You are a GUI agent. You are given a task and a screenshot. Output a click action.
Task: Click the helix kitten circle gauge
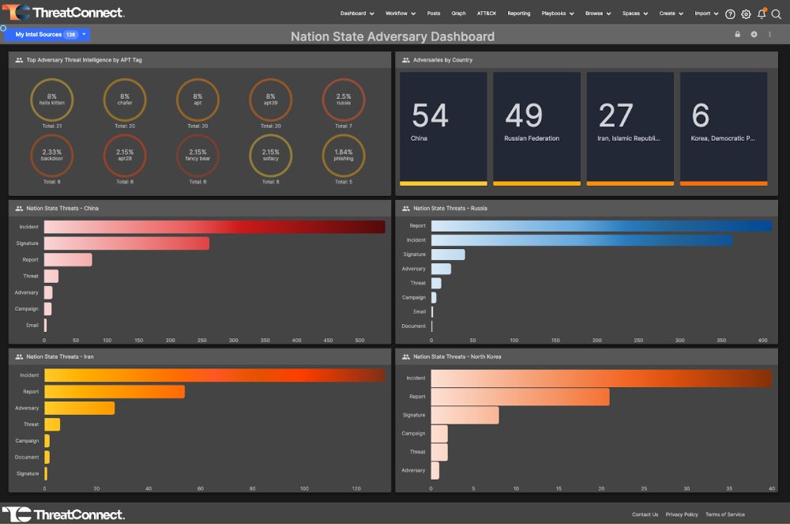coord(51,100)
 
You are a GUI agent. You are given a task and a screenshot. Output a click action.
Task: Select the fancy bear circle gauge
coord(197,155)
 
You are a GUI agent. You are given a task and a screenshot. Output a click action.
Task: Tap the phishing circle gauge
coord(344,155)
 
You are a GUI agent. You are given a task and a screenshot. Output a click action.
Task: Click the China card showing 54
coord(443,128)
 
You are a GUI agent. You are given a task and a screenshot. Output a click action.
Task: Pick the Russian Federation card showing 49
coord(536,128)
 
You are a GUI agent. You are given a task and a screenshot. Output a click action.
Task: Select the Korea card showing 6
coord(723,128)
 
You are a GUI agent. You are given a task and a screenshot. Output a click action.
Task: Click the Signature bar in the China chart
coord(126,243)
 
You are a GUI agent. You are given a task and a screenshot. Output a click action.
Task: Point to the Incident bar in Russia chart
coord(581,240)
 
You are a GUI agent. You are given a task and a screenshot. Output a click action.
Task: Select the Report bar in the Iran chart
coord(114,391)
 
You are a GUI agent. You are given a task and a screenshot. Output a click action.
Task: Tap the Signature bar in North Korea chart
coord(465,415)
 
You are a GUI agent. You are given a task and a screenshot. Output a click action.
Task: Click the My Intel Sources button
coord(47,35)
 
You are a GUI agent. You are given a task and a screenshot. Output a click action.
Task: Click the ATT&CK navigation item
coord(487,13)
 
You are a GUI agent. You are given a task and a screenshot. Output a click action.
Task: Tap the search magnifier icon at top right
coord(777,13)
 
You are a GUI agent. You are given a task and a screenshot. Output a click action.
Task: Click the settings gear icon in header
coord(746,13)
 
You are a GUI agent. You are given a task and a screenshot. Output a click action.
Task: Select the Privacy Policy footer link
coord(681,515)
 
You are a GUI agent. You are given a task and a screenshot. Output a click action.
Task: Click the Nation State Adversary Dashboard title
coord(393,36)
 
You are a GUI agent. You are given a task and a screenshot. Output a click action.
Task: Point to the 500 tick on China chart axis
coord(359,341)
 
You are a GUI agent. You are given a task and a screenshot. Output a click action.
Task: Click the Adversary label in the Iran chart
coord(27,409)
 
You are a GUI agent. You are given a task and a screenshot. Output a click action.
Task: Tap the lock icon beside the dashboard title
coord(737,35)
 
